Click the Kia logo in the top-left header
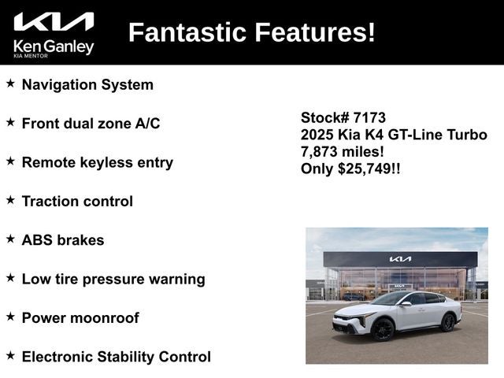pos(54,21)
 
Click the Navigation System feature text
pos(87,84)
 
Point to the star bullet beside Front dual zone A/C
pos(10,122)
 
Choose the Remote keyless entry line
pos(97,162)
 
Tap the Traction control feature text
pos(77,201)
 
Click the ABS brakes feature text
pos(63,240)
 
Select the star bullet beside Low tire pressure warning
pos(10,277)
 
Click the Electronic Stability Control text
pos(116,357)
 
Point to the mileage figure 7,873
pos(319,151)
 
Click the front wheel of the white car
pos(382,329)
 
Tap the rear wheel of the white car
pos(448,321)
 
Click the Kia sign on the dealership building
pos(400,259)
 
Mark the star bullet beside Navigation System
pos(10,83)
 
